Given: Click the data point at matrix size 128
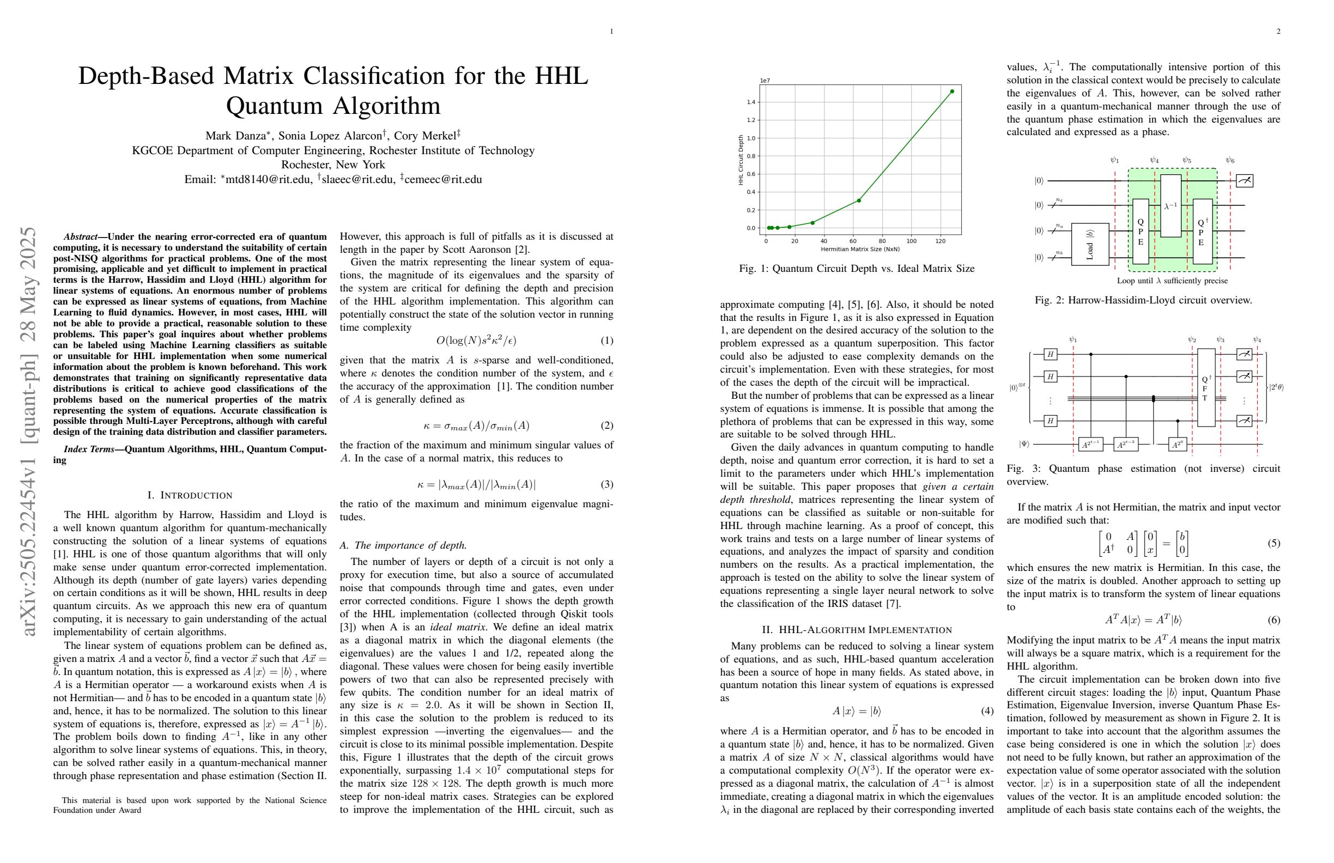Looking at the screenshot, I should (952, 92).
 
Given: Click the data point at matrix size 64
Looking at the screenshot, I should (859, 200).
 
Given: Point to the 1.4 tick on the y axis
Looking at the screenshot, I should (751, 102).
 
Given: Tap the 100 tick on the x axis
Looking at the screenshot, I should (911, 241).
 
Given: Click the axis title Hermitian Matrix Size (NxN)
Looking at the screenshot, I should (860, 249).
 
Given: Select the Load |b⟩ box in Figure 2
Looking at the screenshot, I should (1090, 244).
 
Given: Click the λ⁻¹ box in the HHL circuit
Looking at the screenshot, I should (1171, 205).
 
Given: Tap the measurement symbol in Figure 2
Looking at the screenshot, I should (1244, 180).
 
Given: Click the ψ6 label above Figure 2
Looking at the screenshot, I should (1230, 160).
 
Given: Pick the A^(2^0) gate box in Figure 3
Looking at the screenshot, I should (1178, 445).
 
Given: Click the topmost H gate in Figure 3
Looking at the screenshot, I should (1051, 354).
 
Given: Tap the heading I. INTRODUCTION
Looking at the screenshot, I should (190, 495).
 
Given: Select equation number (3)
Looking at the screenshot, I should (607, 484).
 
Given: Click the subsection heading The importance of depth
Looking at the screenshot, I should (404, 545).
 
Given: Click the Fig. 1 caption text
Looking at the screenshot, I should (857, 269).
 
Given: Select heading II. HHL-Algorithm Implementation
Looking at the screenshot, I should (857, 630).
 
